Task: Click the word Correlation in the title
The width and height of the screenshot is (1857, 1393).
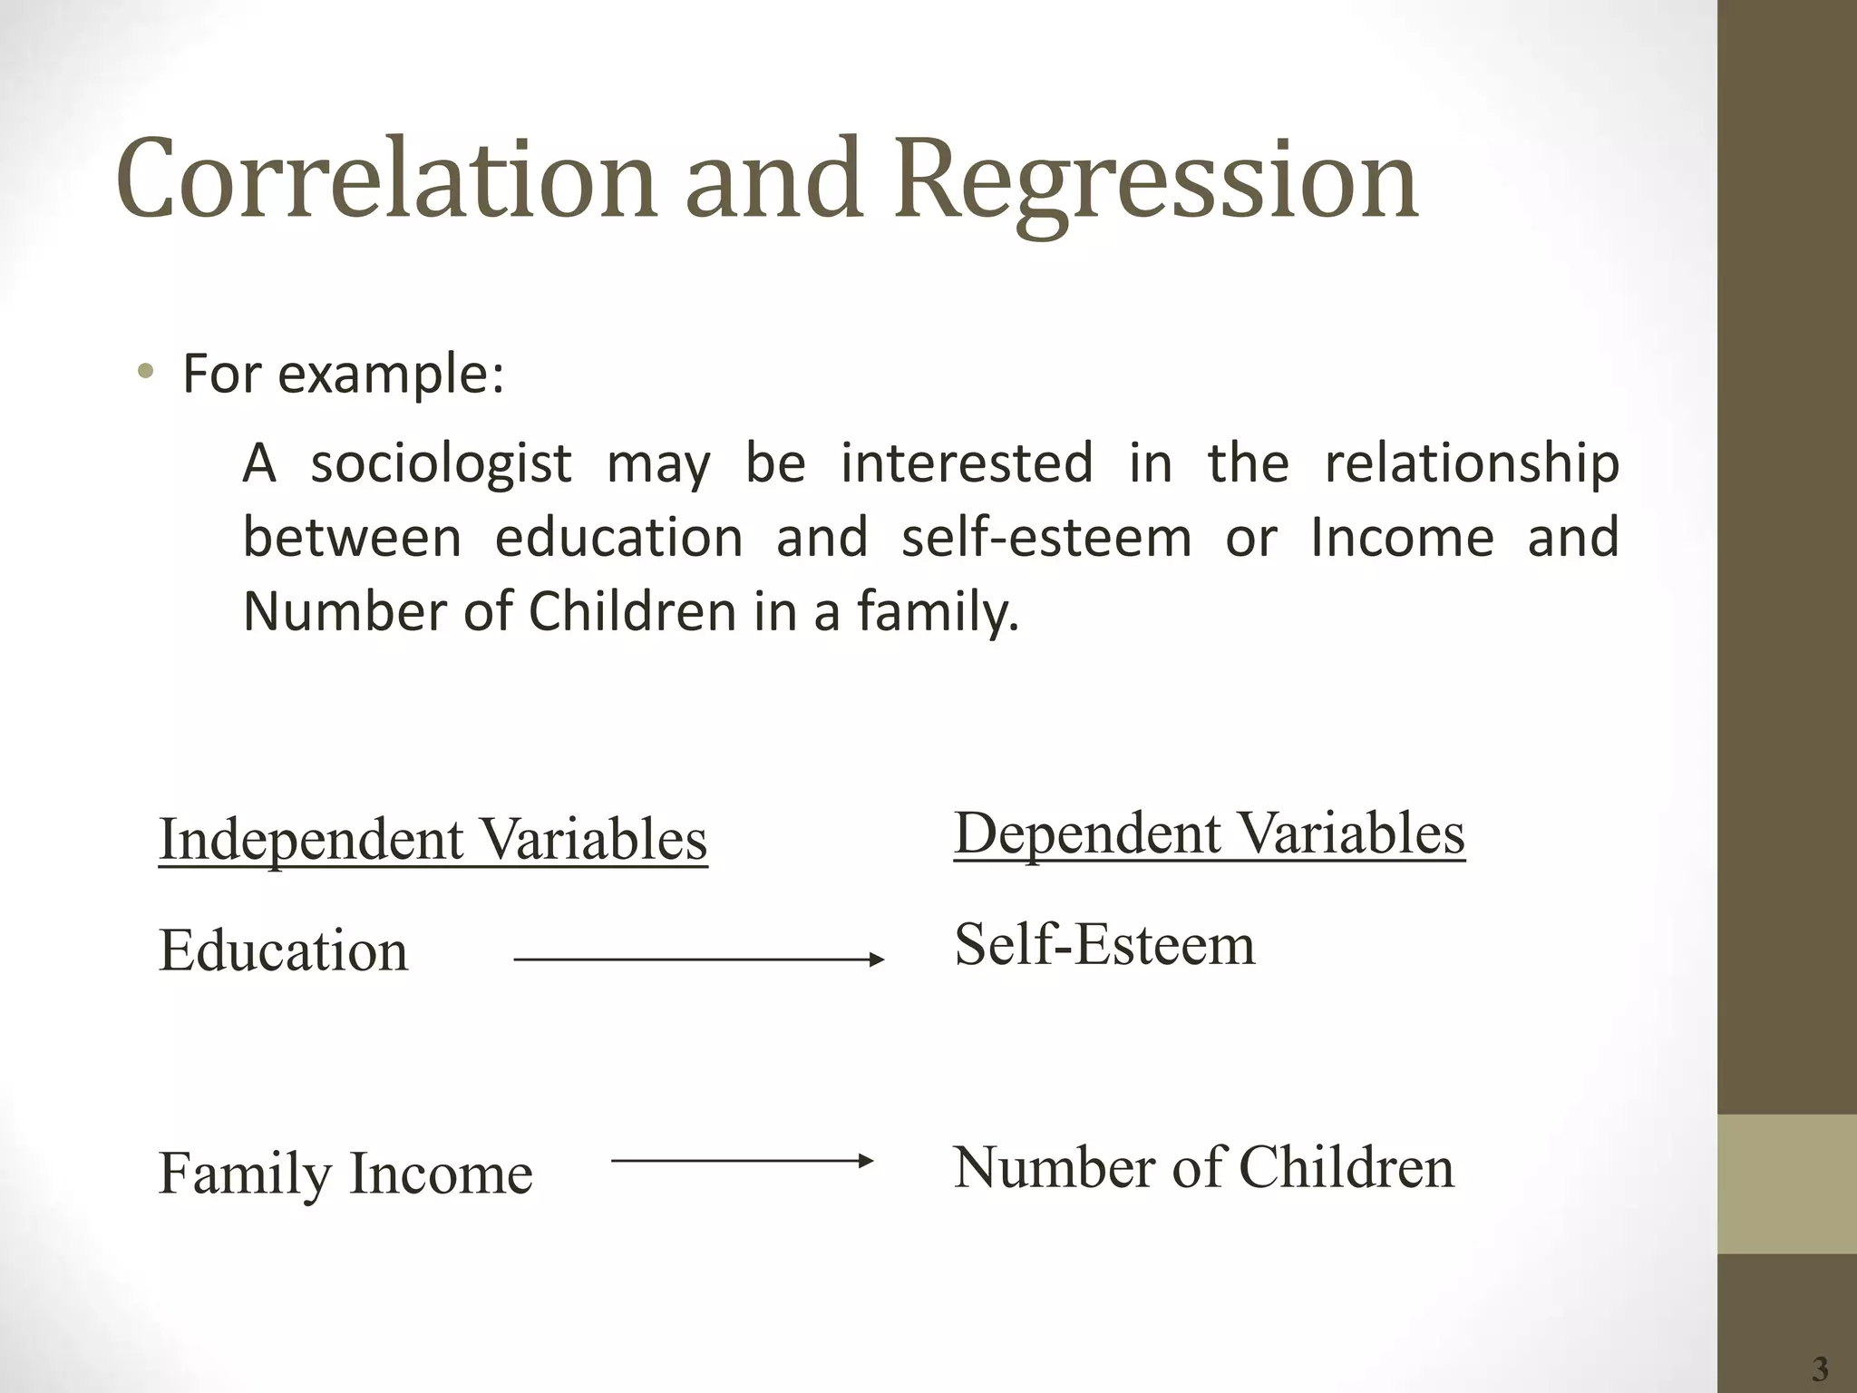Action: click(x=385, y=179)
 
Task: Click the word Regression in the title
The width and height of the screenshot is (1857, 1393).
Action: click(x=1156, y=179)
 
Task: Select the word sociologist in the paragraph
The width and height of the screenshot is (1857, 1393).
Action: click(x=442, y=464)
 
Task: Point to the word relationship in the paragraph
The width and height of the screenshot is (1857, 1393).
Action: click(x=1472, y=464)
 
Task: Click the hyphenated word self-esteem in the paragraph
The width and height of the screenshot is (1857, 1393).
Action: click(x=1046, y=537)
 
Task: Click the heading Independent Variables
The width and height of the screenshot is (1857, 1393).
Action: click(x=433, y=839)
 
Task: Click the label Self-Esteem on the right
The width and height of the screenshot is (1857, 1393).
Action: click(x=1104, y=944)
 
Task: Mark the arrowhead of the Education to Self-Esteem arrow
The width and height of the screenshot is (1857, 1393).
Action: click(x=877, y=960)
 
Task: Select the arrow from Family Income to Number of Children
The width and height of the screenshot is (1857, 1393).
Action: click(x=742, y=1160)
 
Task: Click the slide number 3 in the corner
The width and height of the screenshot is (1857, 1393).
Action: click(x=1819, y=1368)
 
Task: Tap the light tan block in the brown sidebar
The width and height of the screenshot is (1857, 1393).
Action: click(x=1787, y=1184)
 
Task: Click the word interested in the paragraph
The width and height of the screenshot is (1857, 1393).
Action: click(x=967, y=464)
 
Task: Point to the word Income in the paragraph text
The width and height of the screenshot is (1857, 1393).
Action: click(x=1402, y=537)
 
